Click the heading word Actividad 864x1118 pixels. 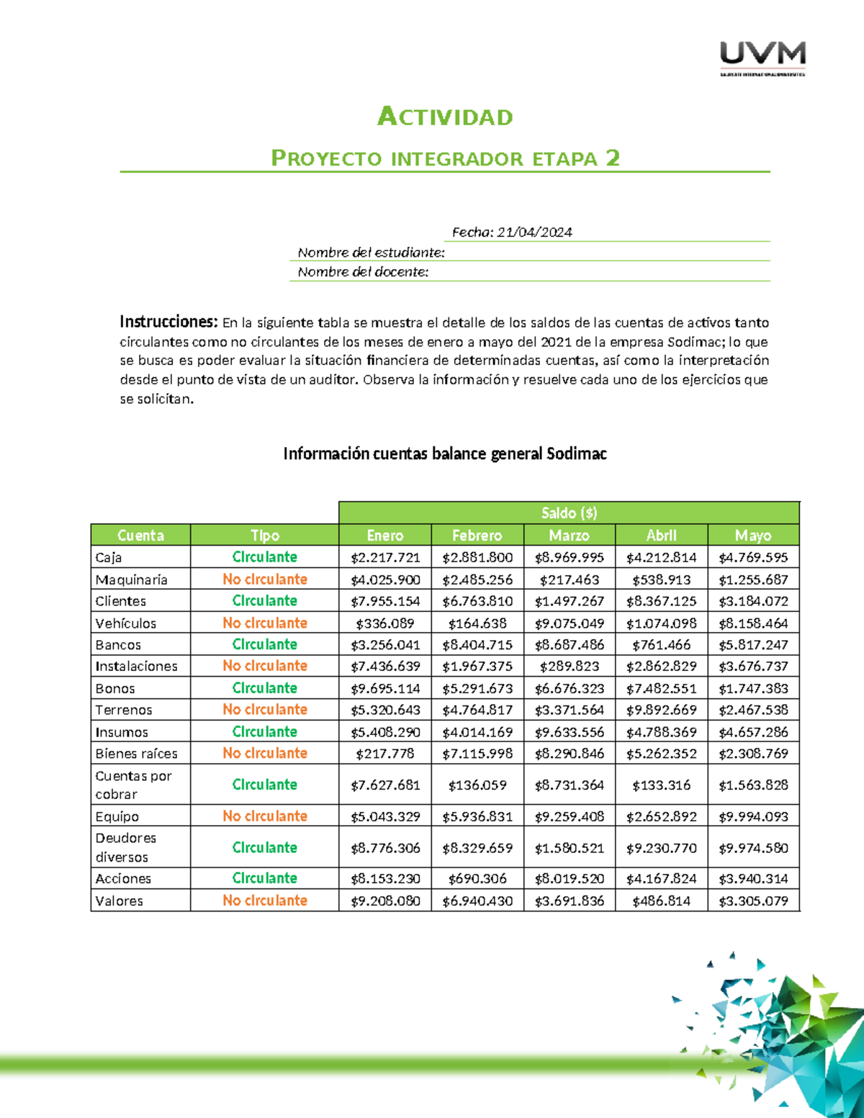pyautogui.click(x=445, y=117)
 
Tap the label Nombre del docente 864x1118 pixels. pyautogui.click(x=363, y=271)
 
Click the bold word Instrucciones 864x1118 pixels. pyautogui.click(x=168, y=321)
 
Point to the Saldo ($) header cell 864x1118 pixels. pyautogui.click(x=569, y=513)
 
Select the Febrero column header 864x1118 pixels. pyautogui.click(x=477, y=535)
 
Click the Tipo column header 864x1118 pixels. pyautogui.click(x=264, y=535)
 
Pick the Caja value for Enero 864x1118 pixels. pyautogui.click(x=385, y=557)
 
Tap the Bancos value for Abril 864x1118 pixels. pyautogui.click(x=661, y=644)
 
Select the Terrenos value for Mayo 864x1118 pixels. pyautogui.click(x=753, y=710)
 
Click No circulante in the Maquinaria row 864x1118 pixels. pyautogui.click(x=264, y=579)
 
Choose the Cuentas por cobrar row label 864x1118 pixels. pyautogui.click(x=133, y=785)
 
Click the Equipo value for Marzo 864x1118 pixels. pyautogui.click(x=569, y=816)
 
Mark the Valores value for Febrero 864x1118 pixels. pyautogui.click(x=477, y=901)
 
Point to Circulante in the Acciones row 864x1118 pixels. pyautogui.click(x=264, y=878)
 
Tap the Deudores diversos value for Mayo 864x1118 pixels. pyautogui.click(x=753, y=848)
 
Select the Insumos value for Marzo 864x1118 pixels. pyautogui.click(x=569, y=732)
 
